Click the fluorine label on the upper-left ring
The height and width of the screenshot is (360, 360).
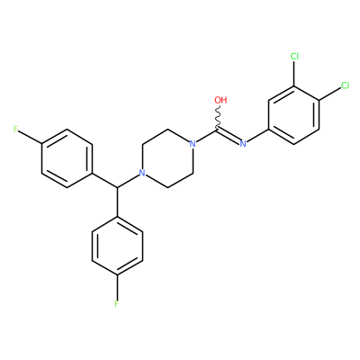(x=16, y=130)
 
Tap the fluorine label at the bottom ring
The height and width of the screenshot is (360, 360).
(x=117, y=304)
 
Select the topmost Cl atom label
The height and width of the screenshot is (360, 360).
(x=294, y=56)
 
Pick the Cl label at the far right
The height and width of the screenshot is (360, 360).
(x=345, y=85)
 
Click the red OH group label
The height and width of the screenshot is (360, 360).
(x=220, y=100)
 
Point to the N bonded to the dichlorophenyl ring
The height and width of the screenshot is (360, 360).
(x=243, y=144)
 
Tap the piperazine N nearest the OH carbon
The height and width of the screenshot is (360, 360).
(x=193, y=144)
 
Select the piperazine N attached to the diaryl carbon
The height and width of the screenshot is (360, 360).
(x=142, y=173)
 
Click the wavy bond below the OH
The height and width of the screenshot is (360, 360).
(x=218, y=117)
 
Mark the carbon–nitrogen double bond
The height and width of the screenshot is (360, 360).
(x=229, y=136)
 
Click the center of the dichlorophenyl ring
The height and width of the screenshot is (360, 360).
(x=294, y=114)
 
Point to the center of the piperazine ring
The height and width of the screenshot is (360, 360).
(x=167, y=158)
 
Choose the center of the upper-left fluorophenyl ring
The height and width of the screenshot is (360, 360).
(x=67, y=158)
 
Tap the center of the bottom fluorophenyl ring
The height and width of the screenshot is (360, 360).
(x=117, y=246)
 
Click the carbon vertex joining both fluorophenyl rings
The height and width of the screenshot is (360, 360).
(x=117, y=188)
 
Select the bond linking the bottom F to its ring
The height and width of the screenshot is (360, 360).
(x=117, y=287)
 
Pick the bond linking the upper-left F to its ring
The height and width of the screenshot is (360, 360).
(x=31, y=137)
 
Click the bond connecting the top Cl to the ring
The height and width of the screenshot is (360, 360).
(x=294, y=74)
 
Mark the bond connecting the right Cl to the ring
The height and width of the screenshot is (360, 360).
(x=329, y=94)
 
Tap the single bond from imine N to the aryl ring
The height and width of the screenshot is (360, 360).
(x=257, y=137)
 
